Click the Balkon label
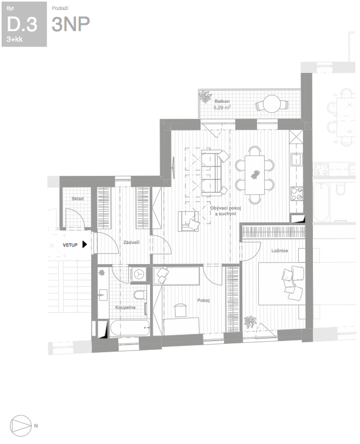(x=222, y=101)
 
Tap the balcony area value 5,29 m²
(x=222, y=107)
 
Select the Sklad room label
(x=78, y=199)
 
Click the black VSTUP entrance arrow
(x=84, y=245)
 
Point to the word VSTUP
(x=70, y=245)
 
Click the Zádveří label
(x=131, y=242)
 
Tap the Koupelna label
(x=125, y=307)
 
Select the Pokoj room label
(x=204, y=300)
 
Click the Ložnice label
(x=279, y=251)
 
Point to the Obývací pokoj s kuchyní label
(x=225, y=211)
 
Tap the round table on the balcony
(x=272, y=104)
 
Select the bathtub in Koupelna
(x=130, y=328)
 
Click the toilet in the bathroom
(x=139, y=295)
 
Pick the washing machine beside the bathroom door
(x=139, y=274)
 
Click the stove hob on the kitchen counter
(x=297, y=193)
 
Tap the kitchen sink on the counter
(x=296, y=159)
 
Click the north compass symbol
(x=21, y=426)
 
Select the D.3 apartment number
(x=22, y=24)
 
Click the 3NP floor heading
(x=71, y=24)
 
